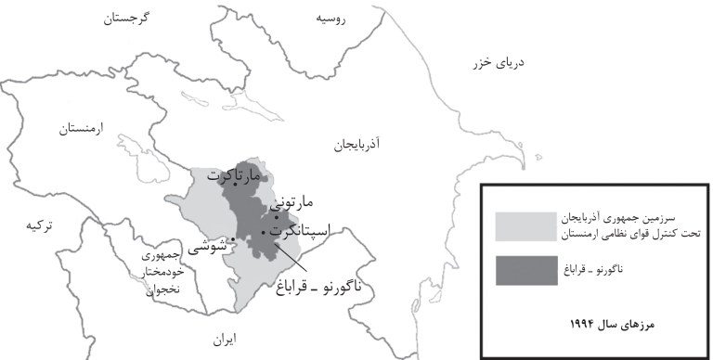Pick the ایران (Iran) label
pos(223,340)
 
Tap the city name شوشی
pos(208,247)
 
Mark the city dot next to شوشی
pos(232,240)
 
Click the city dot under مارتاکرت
pos(235,184)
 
